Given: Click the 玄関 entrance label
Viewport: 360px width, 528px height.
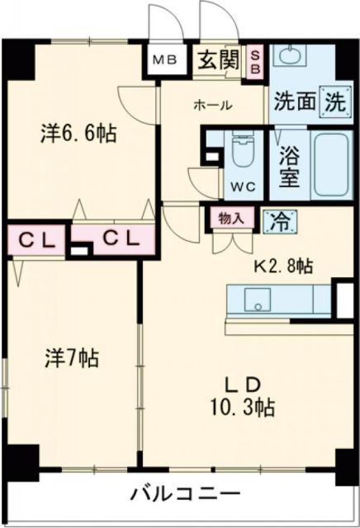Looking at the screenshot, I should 218,61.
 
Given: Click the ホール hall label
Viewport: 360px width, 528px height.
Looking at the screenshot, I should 213,105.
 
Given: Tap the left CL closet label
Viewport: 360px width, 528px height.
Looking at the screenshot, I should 36,241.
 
